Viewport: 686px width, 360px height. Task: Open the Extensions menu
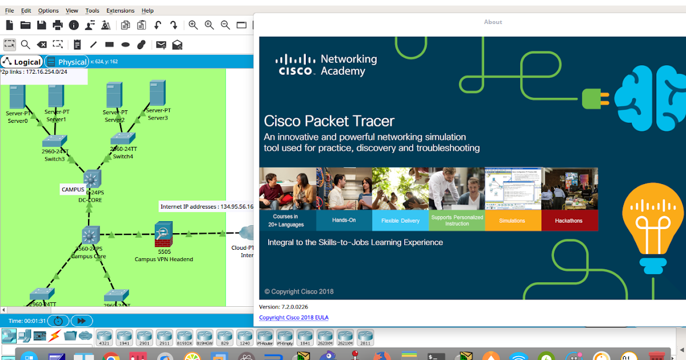(x=120, y=10)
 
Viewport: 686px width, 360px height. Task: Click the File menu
(x=9, y=10)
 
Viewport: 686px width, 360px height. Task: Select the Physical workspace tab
(x=67, y=62)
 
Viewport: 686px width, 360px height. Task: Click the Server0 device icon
(x=17, y=97)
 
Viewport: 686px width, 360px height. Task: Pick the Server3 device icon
(x=157, y=93)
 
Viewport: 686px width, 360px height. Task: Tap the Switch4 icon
(x=122, y=139)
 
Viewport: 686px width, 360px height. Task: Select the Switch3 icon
(x=54, y=141)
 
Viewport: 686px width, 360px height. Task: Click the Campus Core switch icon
(x=90, y=235)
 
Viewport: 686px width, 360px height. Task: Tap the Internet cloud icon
(x=248, y=233)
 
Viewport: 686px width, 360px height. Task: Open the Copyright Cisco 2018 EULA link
(x=293, y=317)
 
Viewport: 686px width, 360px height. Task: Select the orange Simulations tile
(x=512, y=221)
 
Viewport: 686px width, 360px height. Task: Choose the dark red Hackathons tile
(x=569, y=221)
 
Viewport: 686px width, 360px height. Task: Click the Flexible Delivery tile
(x=400, y=221)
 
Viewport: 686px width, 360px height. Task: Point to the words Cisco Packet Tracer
(x=329, y=121)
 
